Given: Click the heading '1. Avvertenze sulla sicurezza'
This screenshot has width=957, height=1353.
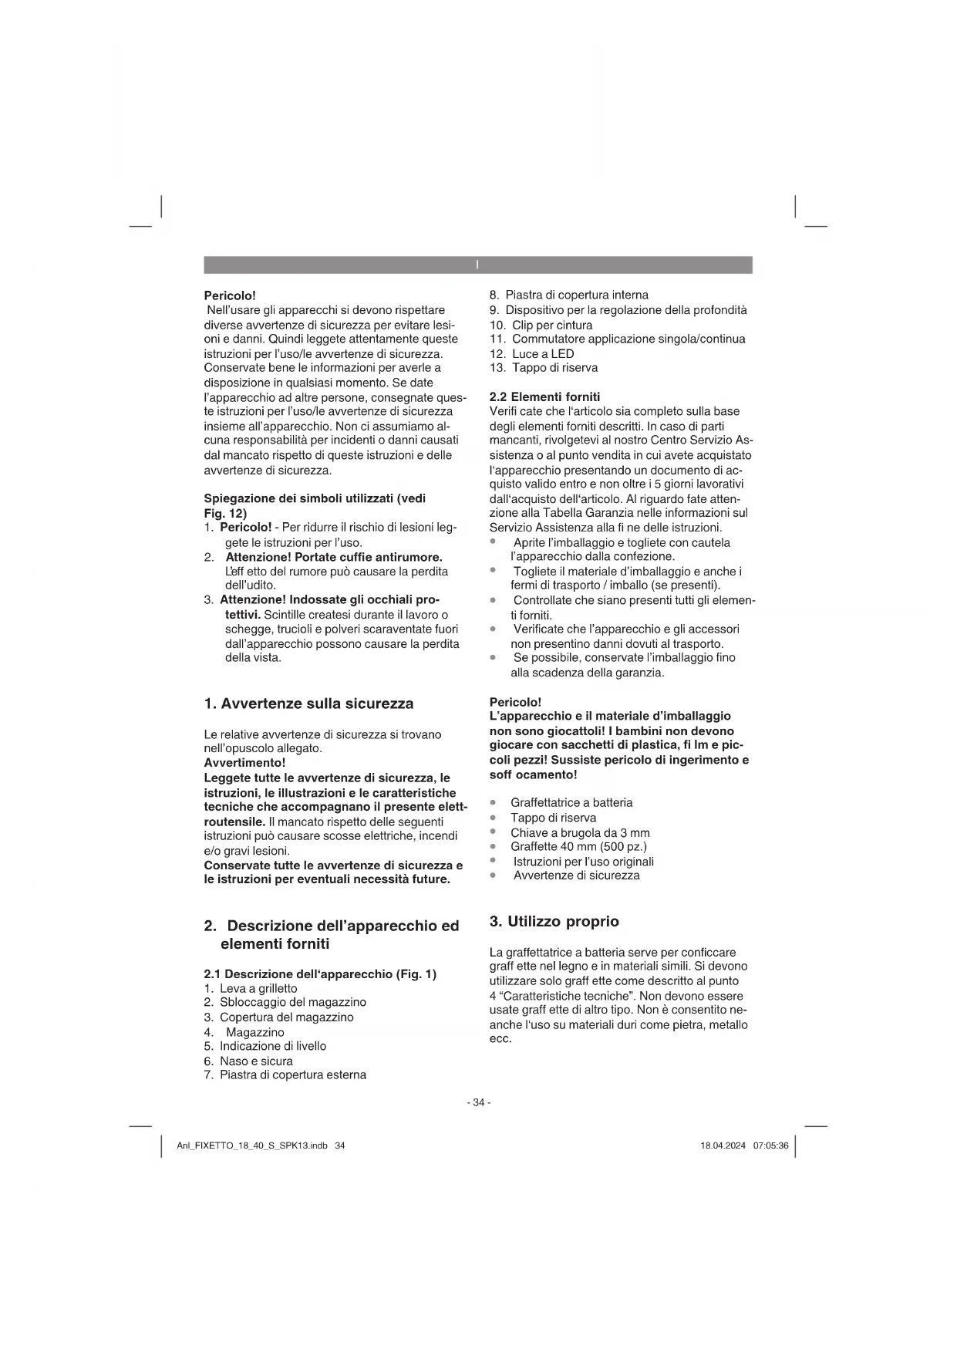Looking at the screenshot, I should point(308,703).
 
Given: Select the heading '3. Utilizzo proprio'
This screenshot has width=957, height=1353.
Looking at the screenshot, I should point(554,921).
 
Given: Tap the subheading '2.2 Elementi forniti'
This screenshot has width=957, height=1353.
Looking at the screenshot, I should point(544,396).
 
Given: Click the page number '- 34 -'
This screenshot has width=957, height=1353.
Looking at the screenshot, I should point(478,1102).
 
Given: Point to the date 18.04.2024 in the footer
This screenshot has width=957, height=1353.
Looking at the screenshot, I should point(723,1145).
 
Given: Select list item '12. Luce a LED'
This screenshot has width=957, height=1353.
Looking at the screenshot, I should point(531,353).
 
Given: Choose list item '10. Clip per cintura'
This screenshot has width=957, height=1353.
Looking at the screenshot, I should point(541,325).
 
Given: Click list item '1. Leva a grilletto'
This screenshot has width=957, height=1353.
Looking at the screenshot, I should point(251,988).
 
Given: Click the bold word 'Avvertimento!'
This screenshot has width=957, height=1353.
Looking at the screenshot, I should point(244,763).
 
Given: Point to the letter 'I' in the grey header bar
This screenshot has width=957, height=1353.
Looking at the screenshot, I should point(477,265).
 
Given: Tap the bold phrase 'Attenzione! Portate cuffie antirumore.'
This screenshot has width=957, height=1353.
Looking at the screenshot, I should point(333,557).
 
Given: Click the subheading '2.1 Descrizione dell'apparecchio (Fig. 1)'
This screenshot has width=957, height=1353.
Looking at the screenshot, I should point(320,973).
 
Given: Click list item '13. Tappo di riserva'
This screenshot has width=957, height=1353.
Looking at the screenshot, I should point(543,368).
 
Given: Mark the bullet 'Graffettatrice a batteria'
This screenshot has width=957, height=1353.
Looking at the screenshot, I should point(571,803).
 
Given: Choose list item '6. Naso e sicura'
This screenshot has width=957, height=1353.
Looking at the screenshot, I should point(248,1061).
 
